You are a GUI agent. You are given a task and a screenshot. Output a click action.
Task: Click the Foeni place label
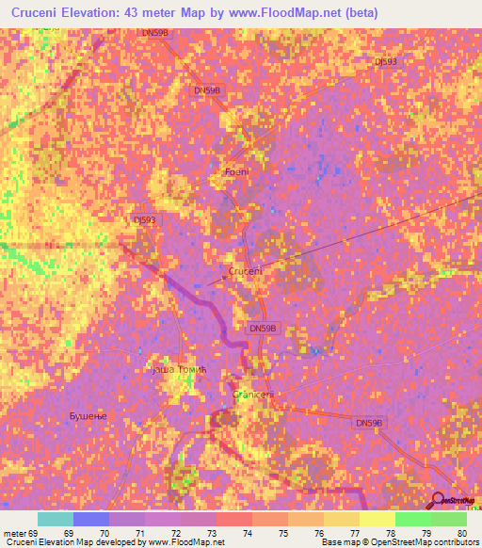tap(236, 171)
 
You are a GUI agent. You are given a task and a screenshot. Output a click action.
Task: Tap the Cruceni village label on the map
tap(246, 270)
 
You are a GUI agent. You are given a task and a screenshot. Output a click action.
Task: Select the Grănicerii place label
tap(251, 395)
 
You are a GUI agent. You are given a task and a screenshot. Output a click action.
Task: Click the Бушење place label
tap(90, 415)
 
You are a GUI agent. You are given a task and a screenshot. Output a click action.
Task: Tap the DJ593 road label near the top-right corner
tap(386, 61)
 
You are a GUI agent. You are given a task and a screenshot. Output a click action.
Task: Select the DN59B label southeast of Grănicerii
tap(370, 424)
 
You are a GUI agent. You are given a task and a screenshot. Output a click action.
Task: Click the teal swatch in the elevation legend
tap(55, 519)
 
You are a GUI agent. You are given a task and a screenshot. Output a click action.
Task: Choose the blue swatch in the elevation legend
tap(90, 519)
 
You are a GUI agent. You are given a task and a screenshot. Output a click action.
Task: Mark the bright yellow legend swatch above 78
tap(377, 519)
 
